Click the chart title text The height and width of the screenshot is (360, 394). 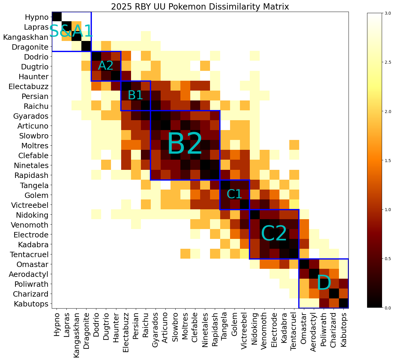(200, 7)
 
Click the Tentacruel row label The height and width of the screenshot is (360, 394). (29, 254)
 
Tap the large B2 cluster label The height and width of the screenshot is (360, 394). (185, 145)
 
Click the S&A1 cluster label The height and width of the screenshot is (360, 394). (71, 31)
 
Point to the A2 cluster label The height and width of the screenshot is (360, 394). (106, 66)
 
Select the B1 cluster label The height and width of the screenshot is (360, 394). (135, 95)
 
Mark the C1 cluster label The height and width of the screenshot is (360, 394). (234, 194)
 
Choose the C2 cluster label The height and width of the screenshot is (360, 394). (274, 234)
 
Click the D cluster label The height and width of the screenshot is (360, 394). (324, 283)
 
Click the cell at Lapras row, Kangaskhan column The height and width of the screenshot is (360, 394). (76, 27)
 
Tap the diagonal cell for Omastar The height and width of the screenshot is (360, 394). (304, 264)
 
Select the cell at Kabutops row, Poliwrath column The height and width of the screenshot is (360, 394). (324, 303)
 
